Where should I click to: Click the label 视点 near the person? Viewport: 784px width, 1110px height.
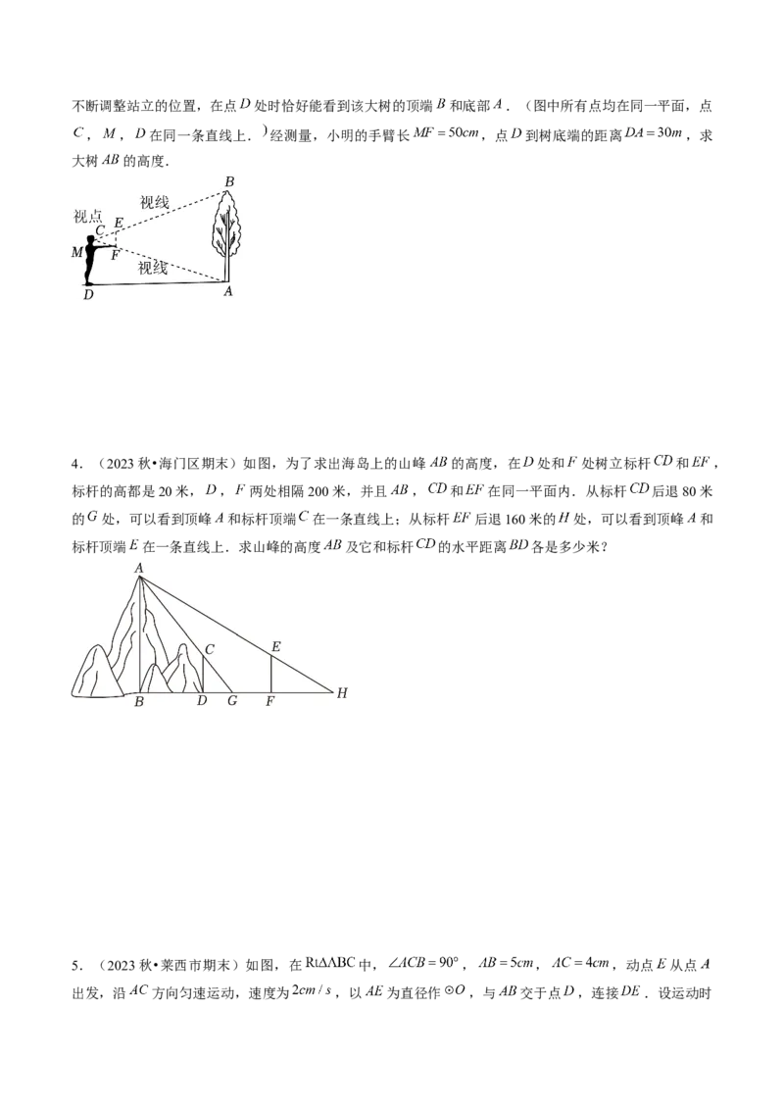(x=88, y=216)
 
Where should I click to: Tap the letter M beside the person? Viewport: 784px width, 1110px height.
(x=77, y=252)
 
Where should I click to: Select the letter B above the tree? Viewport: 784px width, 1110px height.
(x=229, y=181)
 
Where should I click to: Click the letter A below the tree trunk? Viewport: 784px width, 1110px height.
(x=228, y=291)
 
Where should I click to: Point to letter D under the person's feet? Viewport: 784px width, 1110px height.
(x=88, y=294)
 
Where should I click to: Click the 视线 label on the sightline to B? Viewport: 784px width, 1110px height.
(x=154, y=203)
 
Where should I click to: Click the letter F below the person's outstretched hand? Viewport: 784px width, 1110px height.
(x=116, y=255)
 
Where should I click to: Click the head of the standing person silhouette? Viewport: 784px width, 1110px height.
(x=91, y=239)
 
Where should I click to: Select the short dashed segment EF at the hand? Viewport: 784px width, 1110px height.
(x=117, y=240)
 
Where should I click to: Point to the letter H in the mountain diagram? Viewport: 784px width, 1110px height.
(x=342, y=693)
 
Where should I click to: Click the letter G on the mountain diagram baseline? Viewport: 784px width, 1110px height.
(x=232, y=701)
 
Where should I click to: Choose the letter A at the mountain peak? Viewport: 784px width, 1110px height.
(x=139, y=568)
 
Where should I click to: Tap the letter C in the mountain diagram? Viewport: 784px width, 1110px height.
(x=209, y=648)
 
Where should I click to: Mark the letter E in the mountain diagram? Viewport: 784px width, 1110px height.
(x=275, y=646)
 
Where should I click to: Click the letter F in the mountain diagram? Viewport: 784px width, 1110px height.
(x=269, y=702)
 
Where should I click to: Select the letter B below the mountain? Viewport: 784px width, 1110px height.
(x=139, y=702)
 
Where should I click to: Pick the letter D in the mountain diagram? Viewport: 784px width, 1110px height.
(x=202, y=701)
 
